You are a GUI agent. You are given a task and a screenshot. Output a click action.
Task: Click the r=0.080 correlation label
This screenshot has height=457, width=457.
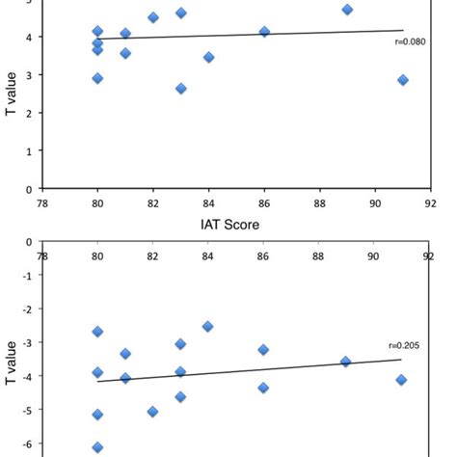(410, 41)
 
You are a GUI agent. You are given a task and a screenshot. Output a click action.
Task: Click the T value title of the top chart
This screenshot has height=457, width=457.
(13, 94)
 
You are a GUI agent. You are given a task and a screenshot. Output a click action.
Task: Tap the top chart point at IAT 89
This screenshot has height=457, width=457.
(347, 10)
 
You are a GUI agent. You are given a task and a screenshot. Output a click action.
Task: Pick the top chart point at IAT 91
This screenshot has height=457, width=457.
(402, 80)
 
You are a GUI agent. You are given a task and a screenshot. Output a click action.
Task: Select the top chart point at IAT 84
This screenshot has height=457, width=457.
(208, 57)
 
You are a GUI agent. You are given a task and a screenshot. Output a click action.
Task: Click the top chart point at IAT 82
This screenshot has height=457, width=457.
(153, 17)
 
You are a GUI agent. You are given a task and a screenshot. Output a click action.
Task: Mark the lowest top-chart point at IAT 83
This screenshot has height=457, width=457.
(180, 89)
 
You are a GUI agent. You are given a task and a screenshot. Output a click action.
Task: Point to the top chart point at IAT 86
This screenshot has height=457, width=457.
(264, 32)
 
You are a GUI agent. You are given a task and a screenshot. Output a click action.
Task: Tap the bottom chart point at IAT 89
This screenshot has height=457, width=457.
(346, 362)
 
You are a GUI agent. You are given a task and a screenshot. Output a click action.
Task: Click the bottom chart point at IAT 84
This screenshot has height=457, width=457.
(208, 327)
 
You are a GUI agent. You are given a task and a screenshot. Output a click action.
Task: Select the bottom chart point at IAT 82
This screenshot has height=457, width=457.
(152, 412)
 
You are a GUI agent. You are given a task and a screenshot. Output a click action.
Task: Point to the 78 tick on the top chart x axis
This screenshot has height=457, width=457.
(42, 203)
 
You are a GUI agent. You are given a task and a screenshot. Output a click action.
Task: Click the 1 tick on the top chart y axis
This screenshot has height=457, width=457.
(29, 151)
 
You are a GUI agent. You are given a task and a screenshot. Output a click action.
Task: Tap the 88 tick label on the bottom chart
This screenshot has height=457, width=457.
(317, 256)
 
